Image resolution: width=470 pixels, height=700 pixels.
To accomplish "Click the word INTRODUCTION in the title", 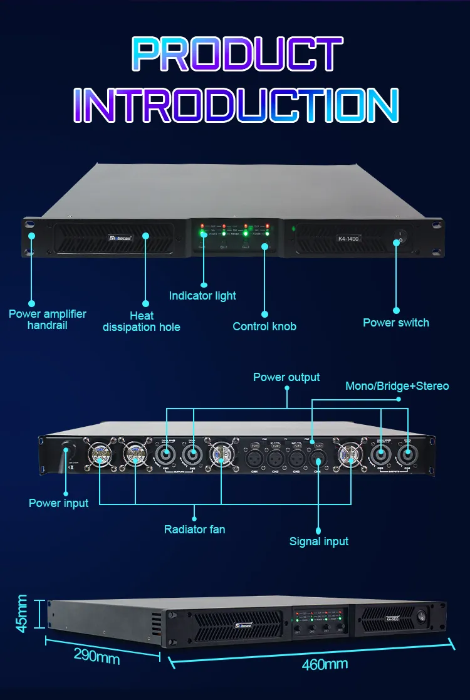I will (236, 104).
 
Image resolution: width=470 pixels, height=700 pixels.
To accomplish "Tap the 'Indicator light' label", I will (202, 295).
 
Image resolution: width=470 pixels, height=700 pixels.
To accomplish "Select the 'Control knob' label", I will (264, 326).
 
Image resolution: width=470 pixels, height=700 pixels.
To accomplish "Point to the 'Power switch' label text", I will (396, 323).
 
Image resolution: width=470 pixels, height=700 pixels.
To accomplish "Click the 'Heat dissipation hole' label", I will (142, 321).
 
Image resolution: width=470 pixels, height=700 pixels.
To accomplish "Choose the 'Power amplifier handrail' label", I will (48, 319).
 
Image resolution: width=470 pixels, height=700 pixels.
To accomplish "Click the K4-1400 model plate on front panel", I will (348, 239).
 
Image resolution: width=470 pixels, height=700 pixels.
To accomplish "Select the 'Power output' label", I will (286, 377).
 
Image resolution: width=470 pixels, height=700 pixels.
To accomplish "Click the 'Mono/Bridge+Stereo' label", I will (397, 385).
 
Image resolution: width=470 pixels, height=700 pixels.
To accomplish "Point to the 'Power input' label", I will (59, 503).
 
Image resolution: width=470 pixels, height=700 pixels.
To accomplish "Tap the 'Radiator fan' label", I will (194, 530).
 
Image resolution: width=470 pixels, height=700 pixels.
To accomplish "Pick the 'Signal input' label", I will (319, 541).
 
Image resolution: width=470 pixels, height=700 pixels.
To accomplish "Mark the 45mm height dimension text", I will (22, 614).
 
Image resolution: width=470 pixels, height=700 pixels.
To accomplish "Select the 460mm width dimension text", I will (325, 664).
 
